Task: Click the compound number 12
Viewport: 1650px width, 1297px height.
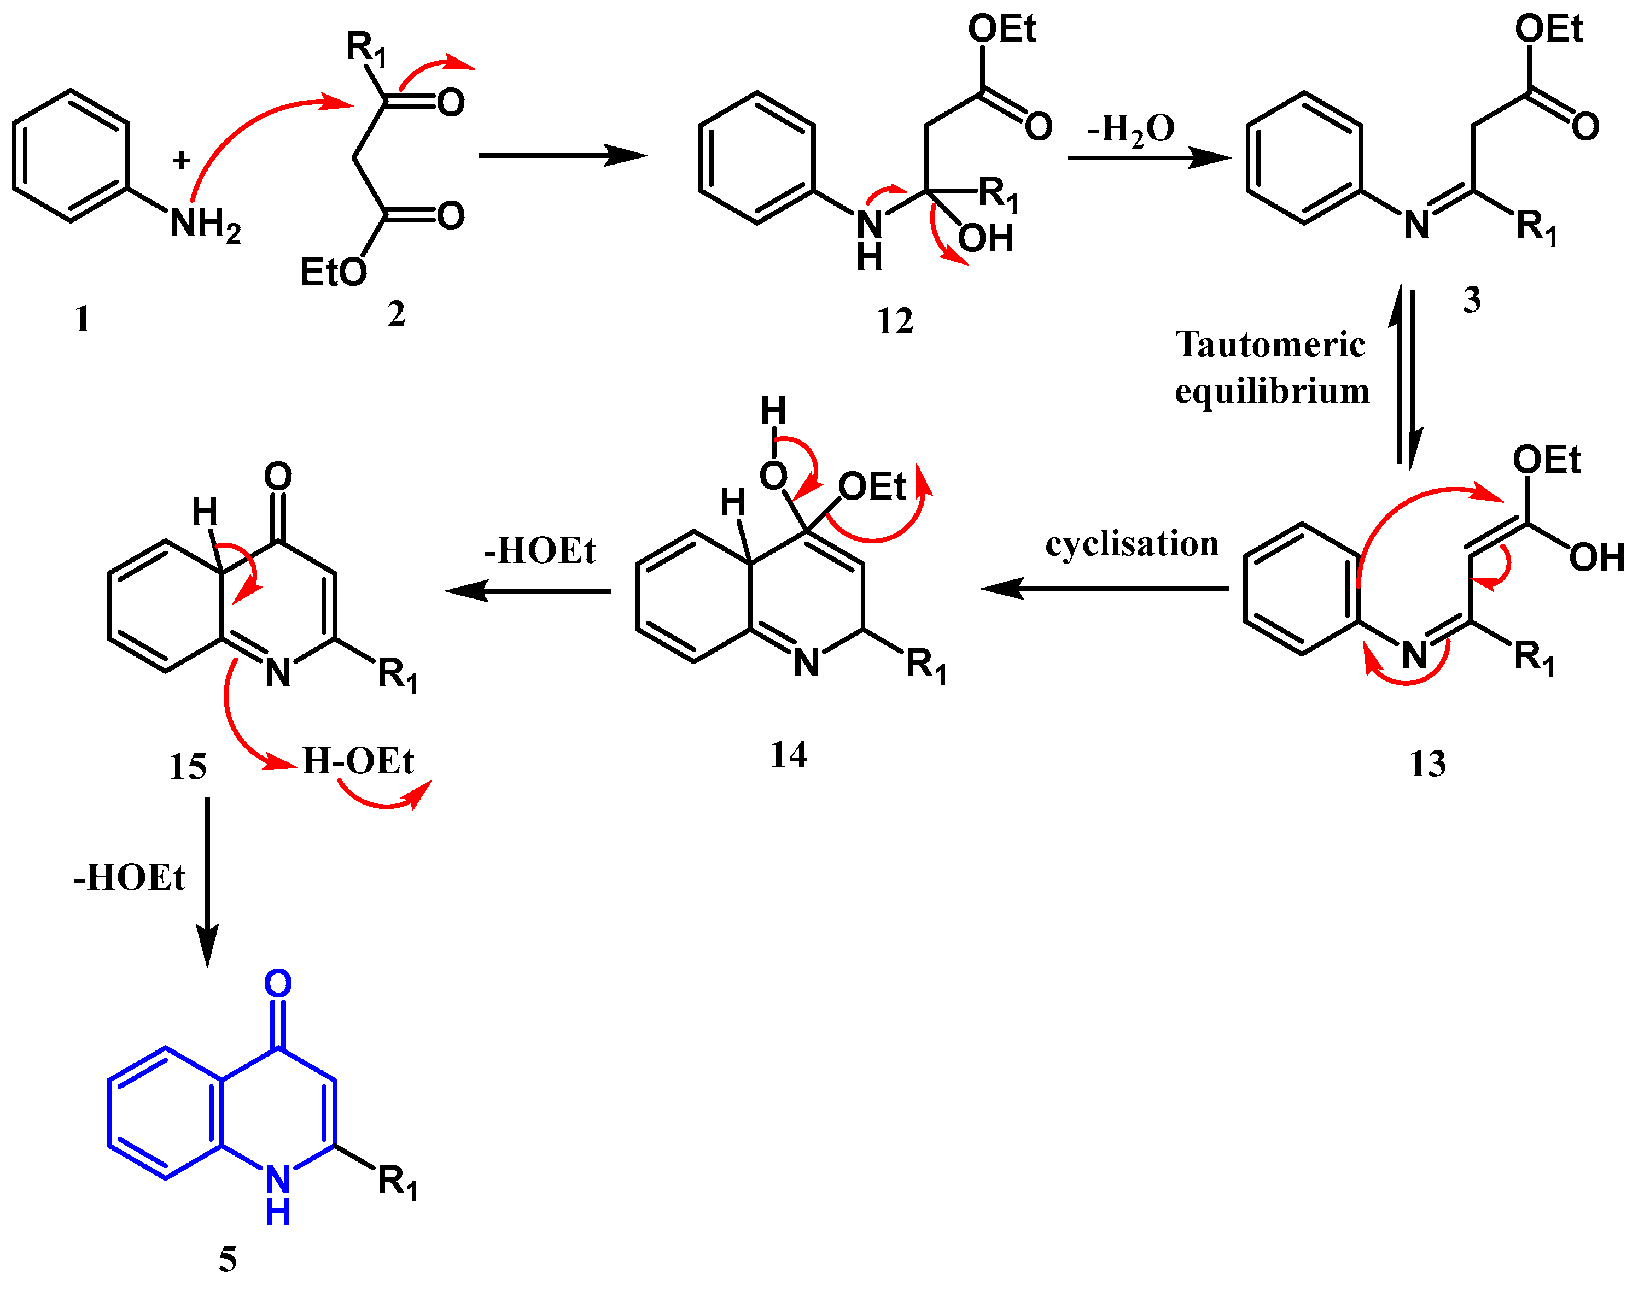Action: (894, 321)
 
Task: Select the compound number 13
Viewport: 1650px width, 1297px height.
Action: (1427, 763)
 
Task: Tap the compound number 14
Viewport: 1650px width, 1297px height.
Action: (789, 755)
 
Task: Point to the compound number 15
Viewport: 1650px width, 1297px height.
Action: (188, 766)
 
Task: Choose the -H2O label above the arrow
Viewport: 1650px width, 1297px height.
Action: (1131, 129)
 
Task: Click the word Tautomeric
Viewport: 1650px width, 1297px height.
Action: (1270, 345)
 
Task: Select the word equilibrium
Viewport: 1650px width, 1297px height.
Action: (1273, 392)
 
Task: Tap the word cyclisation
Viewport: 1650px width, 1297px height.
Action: (1132, 544)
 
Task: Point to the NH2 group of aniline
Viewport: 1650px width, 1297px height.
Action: (205, 225)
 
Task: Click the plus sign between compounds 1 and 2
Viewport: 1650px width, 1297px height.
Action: (181, 160)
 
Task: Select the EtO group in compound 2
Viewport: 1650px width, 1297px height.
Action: (333, 272)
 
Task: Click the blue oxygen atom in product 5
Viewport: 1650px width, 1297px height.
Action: (278, 984)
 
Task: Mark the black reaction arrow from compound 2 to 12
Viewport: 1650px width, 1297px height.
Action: (562, 156)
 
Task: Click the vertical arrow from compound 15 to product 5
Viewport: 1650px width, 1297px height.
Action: (207, 881)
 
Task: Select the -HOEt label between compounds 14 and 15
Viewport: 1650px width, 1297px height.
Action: (539, 550)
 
